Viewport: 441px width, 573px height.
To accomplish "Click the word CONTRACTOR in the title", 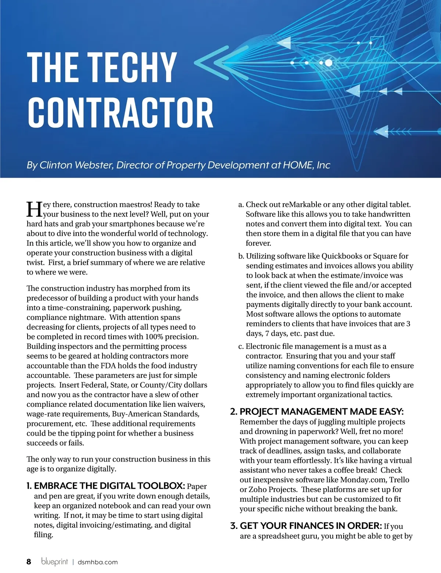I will tap(121, 113).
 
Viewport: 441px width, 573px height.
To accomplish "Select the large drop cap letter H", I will tap(34, 209).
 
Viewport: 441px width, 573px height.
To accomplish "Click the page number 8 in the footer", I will tap(29, 562).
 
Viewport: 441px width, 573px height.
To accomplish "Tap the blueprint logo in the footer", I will tap(54, 562).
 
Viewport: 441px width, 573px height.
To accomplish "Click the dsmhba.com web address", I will tap(98, 562).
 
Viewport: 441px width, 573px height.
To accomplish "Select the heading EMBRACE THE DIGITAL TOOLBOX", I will tap(109, 486).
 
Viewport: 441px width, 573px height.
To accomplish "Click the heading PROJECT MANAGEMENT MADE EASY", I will tap(322, 412).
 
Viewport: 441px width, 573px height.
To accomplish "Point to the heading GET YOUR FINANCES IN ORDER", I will tap(311, 526).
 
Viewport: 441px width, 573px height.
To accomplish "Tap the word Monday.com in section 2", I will tap(363, 480).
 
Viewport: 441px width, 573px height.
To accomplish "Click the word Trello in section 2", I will tap(399, 480).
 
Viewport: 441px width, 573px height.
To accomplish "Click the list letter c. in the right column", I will tap(241, 346).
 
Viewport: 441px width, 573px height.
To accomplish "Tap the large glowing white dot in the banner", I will tap(329, 63).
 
